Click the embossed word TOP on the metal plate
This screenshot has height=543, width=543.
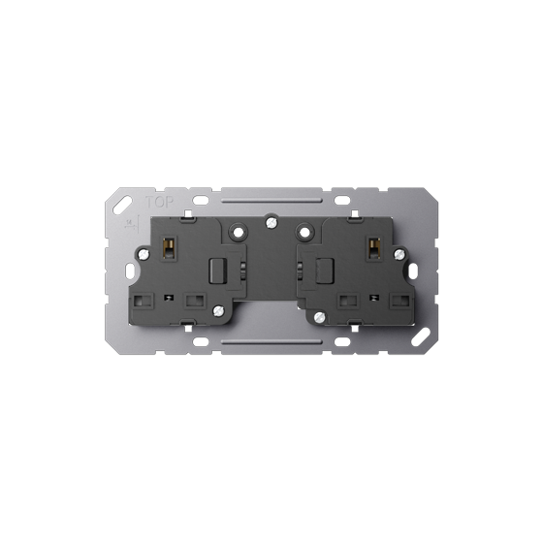pos(159,202)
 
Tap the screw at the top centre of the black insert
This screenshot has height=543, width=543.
pos(271,222)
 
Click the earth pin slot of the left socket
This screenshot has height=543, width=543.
pos(169,247)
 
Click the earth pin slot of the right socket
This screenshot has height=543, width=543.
pos(373,247)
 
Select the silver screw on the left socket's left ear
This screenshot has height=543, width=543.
pos(144,255)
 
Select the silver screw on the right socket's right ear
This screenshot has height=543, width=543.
pos(399,254)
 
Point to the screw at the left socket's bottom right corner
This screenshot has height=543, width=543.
pos(218,311)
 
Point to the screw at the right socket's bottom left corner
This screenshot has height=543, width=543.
pos(320,316)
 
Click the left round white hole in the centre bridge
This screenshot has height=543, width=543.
pos(238,233)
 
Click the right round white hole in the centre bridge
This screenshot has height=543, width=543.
pos(304,233)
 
